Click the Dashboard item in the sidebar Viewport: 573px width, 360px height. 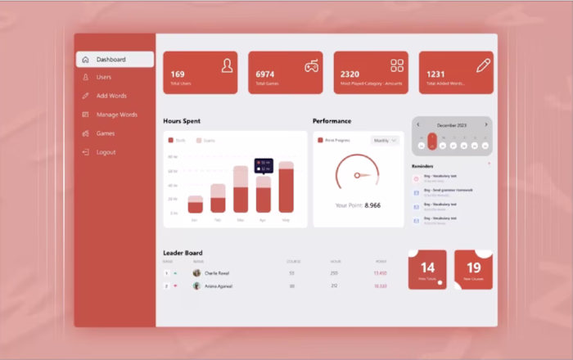coord(111,60)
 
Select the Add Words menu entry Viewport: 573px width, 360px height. coord(111,96)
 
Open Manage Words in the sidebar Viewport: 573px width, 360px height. coord(116,115)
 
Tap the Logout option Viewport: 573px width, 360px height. coord(106,152)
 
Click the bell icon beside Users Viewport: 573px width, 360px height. coord(85,78)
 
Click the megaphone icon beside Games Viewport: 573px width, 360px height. coord(85,133)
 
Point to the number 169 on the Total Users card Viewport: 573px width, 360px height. coord(178,74)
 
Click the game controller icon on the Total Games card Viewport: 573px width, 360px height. coord(312,66)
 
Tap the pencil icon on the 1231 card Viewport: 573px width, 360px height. coord(483,65)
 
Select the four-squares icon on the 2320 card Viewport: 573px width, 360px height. coord(397,65)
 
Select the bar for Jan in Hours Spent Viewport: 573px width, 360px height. coord(195,205)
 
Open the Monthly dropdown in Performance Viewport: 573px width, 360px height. coord(385,141)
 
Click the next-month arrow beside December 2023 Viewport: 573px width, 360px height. coord(485,125)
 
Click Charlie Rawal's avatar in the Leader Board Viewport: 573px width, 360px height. coord(196,272)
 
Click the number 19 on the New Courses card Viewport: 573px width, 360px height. coord(473,268)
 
